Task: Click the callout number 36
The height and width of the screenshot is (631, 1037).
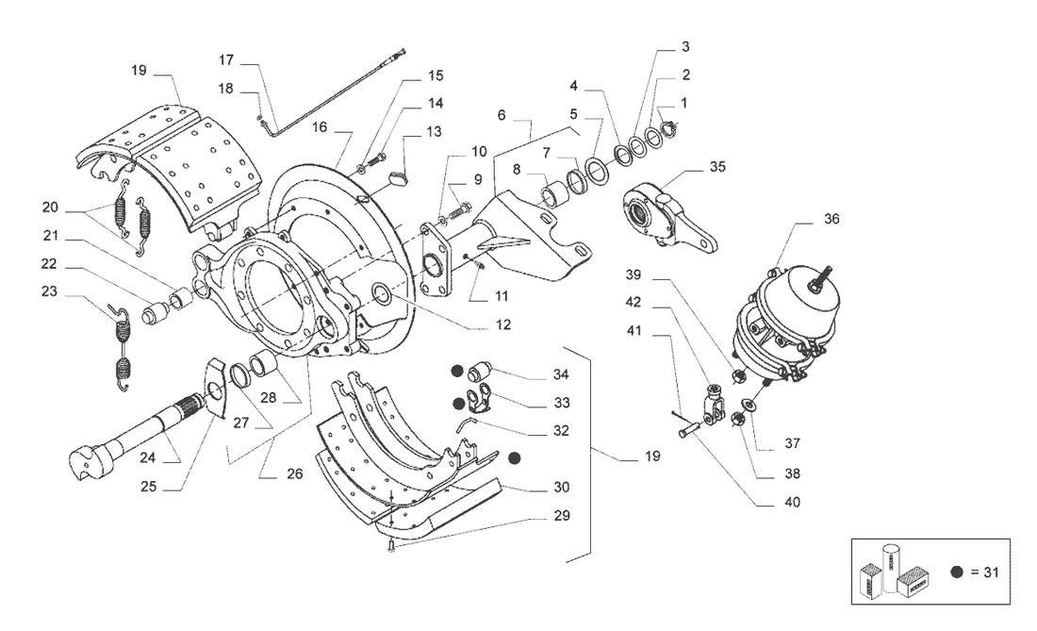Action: coord(831,219)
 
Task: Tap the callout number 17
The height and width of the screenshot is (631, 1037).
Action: coord(226,60)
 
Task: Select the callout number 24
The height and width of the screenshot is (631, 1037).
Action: coord(147,457)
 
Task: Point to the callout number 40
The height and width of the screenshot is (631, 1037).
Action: coord(792,503)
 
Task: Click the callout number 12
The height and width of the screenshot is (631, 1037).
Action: coord(503,324)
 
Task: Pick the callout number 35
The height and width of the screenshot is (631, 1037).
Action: coord(717,167)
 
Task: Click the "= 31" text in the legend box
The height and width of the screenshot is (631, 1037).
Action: coord(985,573)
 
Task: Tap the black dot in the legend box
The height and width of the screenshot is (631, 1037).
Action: coord(956,573)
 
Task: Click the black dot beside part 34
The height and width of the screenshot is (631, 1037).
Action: coord(457,371)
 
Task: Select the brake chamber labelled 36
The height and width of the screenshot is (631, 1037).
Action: coord(787,324)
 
